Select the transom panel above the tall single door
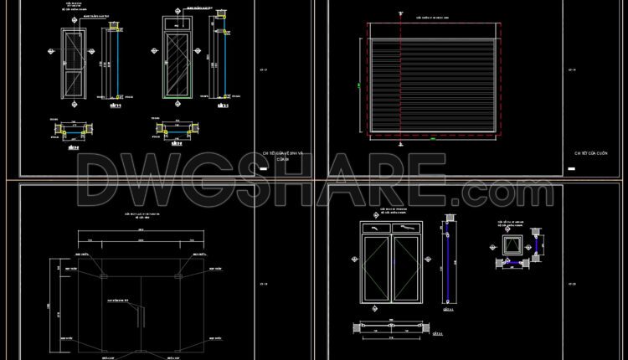pyautogui.click(x=176, y=23)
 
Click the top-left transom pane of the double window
pyautogui.click(x=374, y=226)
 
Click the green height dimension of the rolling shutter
pyautogui.click(x=358, y=85)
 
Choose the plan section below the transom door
pyautogui.click(x=175, y=129)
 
